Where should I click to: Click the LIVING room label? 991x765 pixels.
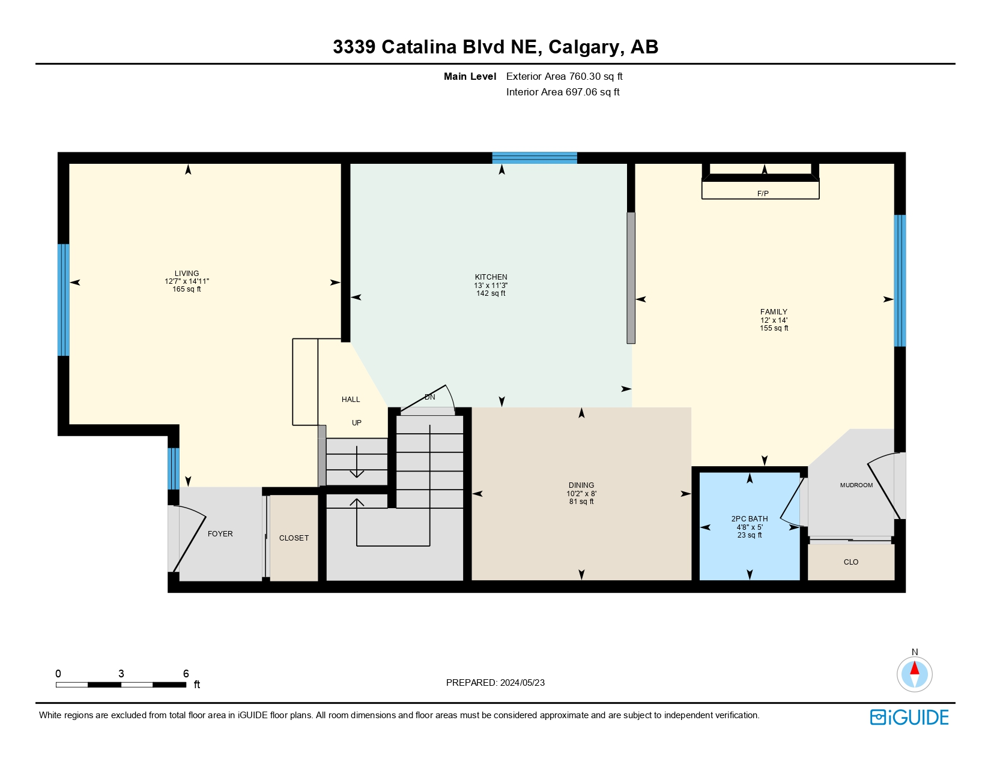tap(187, 273)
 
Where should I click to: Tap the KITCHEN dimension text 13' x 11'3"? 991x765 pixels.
tap(491, 286)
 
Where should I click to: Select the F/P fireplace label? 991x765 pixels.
tap(763, 193)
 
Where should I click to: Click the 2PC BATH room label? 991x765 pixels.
tap(749, 518)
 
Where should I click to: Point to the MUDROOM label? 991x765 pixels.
tap(856, 485)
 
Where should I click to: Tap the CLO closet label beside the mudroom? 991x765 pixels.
tap(850, 562)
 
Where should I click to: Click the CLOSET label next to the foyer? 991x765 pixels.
tap(294, 538)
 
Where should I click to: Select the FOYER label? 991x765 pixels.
tap(220, 534)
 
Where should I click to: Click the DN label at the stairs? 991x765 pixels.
tap(430, 397)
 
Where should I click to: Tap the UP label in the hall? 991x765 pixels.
tap(357, 423)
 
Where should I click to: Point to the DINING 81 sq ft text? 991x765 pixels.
tap(581, 502)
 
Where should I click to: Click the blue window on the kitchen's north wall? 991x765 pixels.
tap(535, 158)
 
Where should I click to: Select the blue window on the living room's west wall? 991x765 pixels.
tap(63, 299)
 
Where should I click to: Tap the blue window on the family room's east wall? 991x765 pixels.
tap(900, 280)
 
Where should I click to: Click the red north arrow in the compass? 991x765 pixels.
tap(914, 668)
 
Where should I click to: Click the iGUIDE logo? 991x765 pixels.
tap(909, 717)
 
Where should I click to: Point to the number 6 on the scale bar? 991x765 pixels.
tap(186, 674)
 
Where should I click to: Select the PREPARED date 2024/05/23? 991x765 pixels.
tap(522, 683)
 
